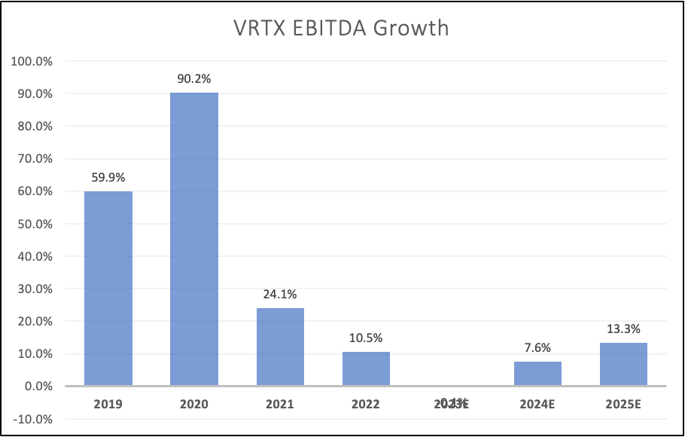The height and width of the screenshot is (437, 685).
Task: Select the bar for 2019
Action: [x=108, y=289]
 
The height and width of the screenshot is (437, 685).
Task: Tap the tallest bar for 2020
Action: [x=194, y=240]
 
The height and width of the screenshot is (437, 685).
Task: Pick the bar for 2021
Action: [x=280, y=347]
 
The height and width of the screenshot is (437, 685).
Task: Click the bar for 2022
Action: [x=366, y=368]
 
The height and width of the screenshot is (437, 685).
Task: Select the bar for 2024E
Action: [x=537, y=374]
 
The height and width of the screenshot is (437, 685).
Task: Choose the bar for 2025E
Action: [x=623, y=364]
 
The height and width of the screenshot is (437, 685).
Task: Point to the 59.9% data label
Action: [x=108, y=176]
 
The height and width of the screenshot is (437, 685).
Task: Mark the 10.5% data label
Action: [x=366, y=337]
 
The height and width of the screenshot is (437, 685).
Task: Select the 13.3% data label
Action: [x=623, y=328]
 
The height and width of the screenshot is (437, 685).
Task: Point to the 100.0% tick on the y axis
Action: [x=32, y=61]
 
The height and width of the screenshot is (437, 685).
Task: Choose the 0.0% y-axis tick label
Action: [x=36, y=387]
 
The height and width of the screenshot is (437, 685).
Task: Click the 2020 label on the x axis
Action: [x=194, y=404]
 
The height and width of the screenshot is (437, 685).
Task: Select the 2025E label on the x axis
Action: [x=623, y=404]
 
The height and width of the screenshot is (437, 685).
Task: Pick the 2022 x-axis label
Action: [x=366, y=404]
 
